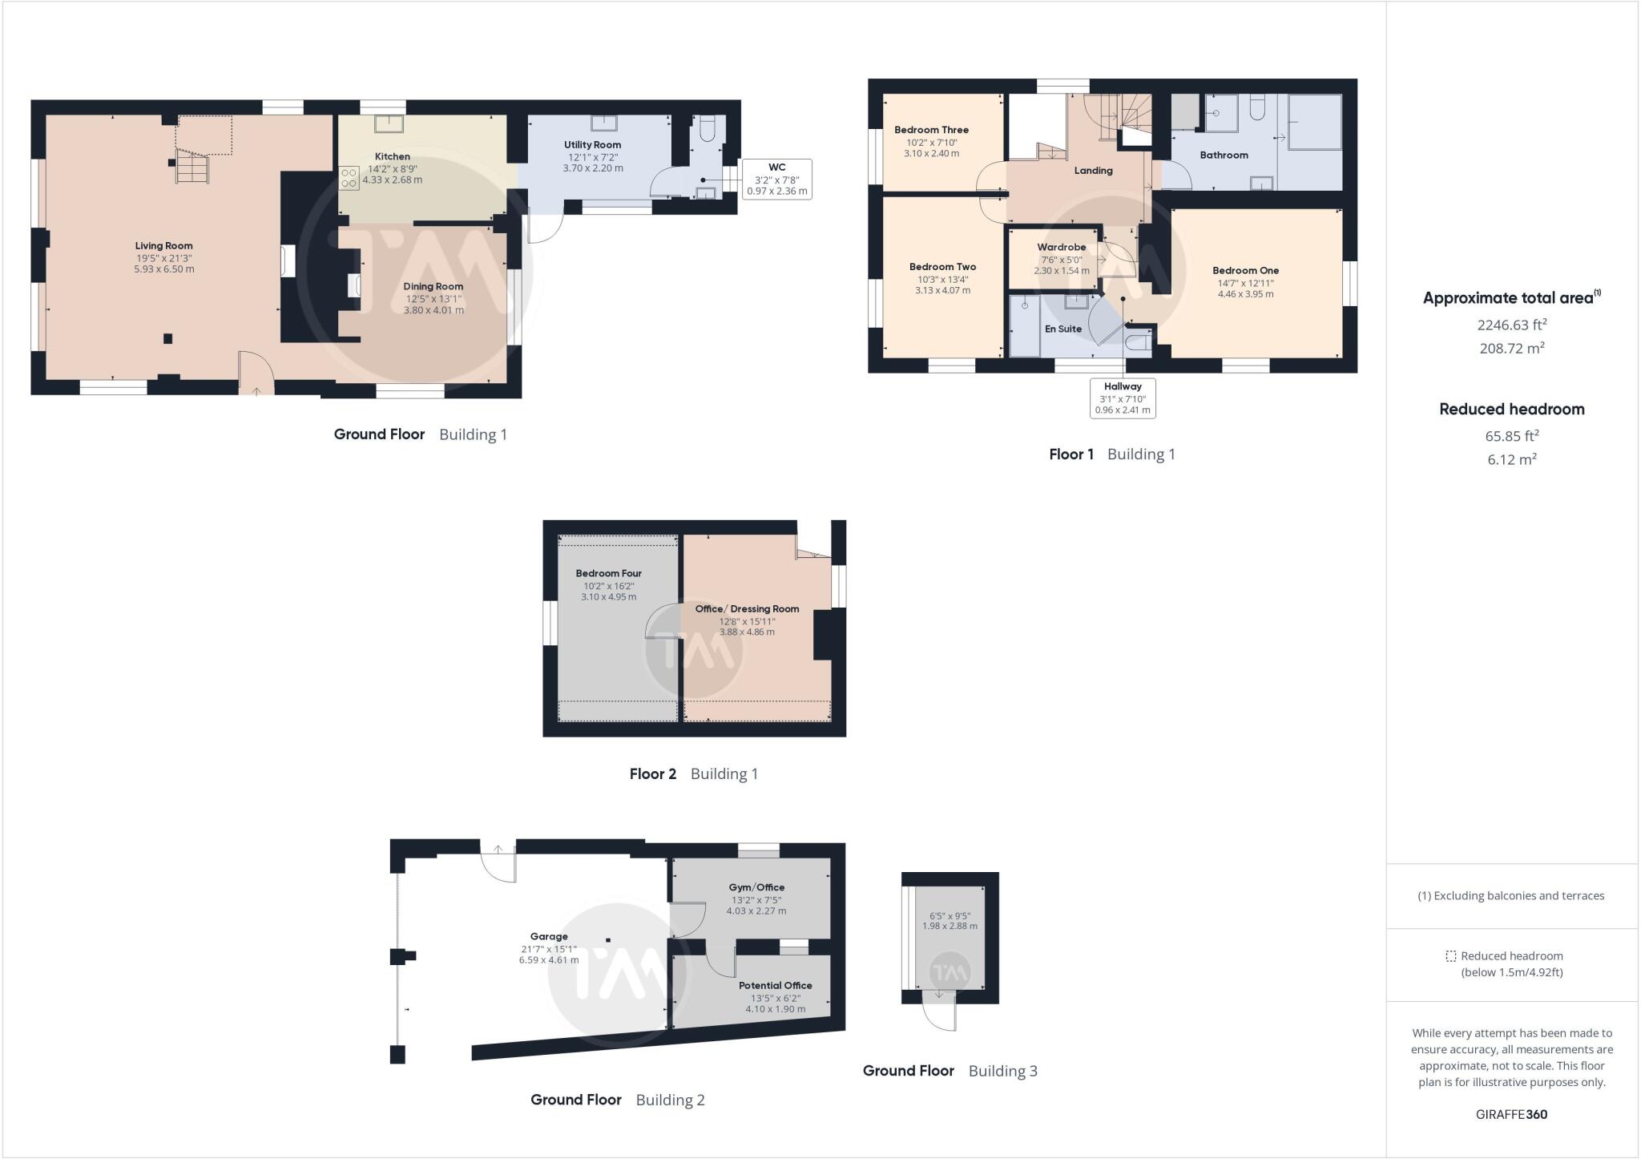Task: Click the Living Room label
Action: coord(163,246)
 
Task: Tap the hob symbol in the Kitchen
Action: coord(349,178)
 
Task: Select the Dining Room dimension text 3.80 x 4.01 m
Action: coord(433,310)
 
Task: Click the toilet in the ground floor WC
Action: coord(706,128)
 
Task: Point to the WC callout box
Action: coord(776,179)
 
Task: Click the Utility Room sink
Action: coord(603,123)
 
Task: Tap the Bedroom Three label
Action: coord(931,130)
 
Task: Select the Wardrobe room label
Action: coord(1061,248)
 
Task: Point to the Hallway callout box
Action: coord(1123,398)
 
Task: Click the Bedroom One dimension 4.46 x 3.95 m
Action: coord(1245,294)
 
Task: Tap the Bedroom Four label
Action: coord(608,574)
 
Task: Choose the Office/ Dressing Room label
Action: coord(747,609)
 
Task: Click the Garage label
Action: coord(549,936)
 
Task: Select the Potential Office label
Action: coord(775,986)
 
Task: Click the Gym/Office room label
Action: coord(756,887)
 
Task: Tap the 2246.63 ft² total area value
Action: coord(1511,325)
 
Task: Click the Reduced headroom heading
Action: coord(1511,410)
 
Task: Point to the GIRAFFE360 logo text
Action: coord(1511,1114)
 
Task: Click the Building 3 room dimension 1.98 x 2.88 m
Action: coord(950,926)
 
